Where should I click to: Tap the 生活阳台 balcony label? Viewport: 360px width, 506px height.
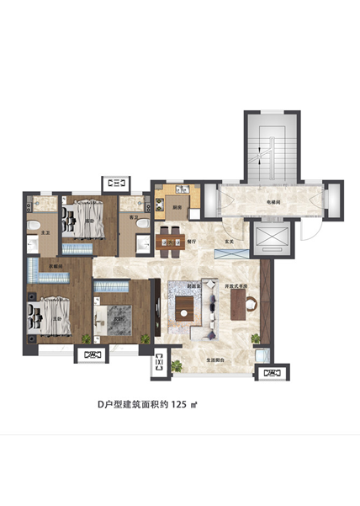point(214,360)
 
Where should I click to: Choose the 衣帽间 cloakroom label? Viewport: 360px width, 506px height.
point(56,266)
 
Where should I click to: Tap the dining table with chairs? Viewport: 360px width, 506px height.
point(171,238)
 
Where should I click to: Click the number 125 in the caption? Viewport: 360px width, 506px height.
point(179,404)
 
